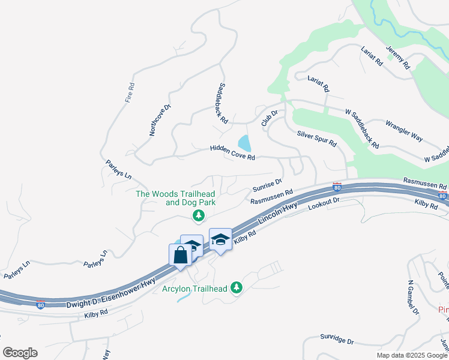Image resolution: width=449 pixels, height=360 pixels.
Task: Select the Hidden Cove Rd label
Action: pos(233,153)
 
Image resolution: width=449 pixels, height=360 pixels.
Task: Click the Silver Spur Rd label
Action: pos(317,140)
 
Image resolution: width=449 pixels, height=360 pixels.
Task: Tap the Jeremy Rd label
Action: pos(397,58)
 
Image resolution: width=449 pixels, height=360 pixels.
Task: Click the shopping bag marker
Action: pos(181,256)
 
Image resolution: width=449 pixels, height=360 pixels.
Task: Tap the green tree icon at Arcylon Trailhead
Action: pos(237,289)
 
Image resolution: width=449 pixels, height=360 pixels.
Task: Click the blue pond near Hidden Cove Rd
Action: pos(245,143)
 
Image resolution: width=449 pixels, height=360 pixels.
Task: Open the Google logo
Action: pos(20,353)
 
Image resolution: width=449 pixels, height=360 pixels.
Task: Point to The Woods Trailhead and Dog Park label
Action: pos(175,198)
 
